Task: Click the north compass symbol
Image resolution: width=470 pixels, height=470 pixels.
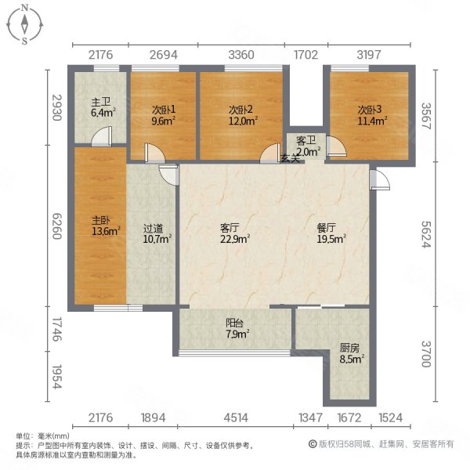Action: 25,23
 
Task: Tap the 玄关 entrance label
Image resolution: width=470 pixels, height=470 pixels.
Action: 290,159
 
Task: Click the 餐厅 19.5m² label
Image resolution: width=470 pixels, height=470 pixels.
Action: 330,233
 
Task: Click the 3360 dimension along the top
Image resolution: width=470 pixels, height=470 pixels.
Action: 240,54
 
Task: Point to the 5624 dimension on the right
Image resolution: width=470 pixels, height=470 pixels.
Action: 425,233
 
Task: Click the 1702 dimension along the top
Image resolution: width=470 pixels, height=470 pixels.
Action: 305,54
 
